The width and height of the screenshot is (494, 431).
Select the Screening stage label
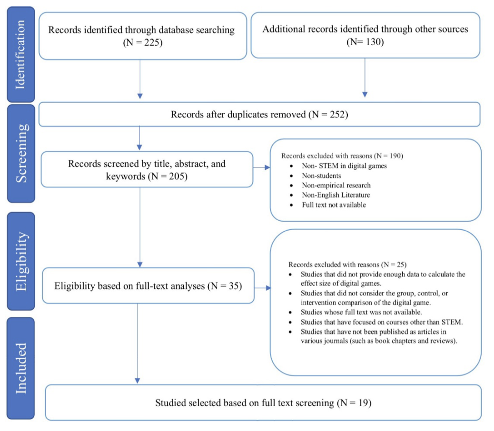coord(20,154)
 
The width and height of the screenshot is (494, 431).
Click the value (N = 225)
coord(141,42)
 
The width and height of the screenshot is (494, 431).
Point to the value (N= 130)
coord(365,42)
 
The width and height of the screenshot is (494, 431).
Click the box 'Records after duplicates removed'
coord(259,115)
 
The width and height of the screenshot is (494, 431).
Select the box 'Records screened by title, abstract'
coord(147,169)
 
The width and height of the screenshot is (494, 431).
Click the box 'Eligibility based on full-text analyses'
coord(148,286)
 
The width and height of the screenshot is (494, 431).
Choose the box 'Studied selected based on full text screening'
coord(263,403)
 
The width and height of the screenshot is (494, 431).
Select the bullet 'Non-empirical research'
coord(336,185)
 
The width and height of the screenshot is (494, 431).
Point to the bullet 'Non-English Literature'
coord(336,195)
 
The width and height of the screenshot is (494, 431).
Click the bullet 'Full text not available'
coord(334,205)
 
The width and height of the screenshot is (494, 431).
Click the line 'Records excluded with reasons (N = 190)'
coord(342,156)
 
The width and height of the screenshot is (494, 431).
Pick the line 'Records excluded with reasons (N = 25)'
coord(347,264)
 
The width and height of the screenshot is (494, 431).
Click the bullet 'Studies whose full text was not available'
coord(361,312)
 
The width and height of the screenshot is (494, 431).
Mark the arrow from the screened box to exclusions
coord(261,167)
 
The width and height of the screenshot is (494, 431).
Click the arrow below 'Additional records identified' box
coord(365,78)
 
